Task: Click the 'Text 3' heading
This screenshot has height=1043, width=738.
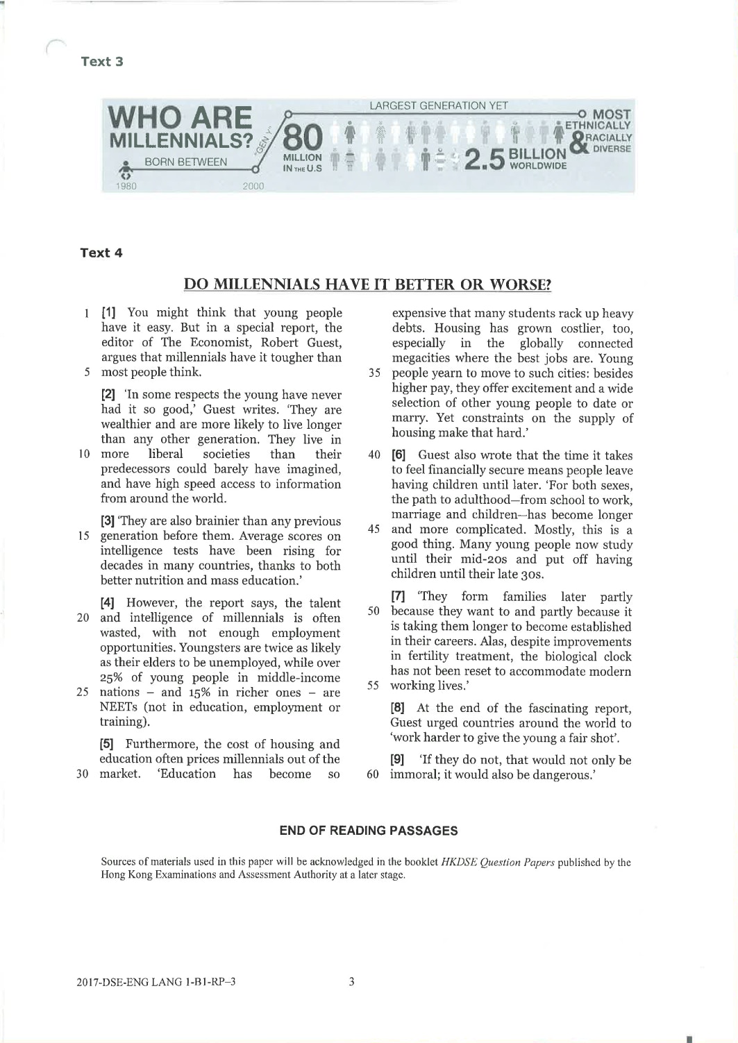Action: (x=102, y=61)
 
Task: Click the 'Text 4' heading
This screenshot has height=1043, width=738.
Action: (x=101, y=253)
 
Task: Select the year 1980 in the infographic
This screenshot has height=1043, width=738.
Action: (x=126, y=186)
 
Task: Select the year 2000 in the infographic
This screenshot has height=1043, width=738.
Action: (x=253, y=186)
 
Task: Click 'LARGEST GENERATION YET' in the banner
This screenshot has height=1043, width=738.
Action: (x=439, y=106)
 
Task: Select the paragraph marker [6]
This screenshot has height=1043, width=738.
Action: (x=399, y=455)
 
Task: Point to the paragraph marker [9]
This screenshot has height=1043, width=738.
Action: (x=399, y=760)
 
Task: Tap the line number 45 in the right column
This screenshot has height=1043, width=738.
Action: (x=374, y=529)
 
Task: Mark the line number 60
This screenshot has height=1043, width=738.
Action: (x=374, y=774)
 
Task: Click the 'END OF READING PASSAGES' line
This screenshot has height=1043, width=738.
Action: (x=368, y=830)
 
